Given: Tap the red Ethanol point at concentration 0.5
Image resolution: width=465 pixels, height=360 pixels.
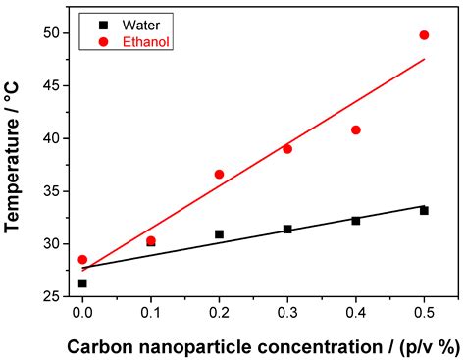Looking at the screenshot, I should (424, 35).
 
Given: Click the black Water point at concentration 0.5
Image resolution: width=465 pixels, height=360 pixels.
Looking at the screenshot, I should (424, 210).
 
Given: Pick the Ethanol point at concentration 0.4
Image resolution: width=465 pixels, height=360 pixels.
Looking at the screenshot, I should (356, 129).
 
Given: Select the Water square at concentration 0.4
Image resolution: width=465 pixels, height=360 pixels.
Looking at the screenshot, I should (356, 221).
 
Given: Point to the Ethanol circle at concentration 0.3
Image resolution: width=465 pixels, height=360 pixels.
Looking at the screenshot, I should (287, 149).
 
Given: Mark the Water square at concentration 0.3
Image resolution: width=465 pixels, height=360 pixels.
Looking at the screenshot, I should (287, 229).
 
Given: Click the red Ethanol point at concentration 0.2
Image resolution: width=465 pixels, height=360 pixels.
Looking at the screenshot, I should (219, 174).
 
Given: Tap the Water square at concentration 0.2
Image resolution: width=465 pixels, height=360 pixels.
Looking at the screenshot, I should (219, 234).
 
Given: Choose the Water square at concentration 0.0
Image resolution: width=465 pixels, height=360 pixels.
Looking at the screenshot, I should (82, 283).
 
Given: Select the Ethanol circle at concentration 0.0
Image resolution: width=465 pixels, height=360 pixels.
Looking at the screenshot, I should (82, 260).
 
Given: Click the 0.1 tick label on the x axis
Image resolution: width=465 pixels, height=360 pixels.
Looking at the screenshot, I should (150, 313).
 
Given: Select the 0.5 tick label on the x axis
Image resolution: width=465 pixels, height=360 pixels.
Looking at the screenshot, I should (424, 313).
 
